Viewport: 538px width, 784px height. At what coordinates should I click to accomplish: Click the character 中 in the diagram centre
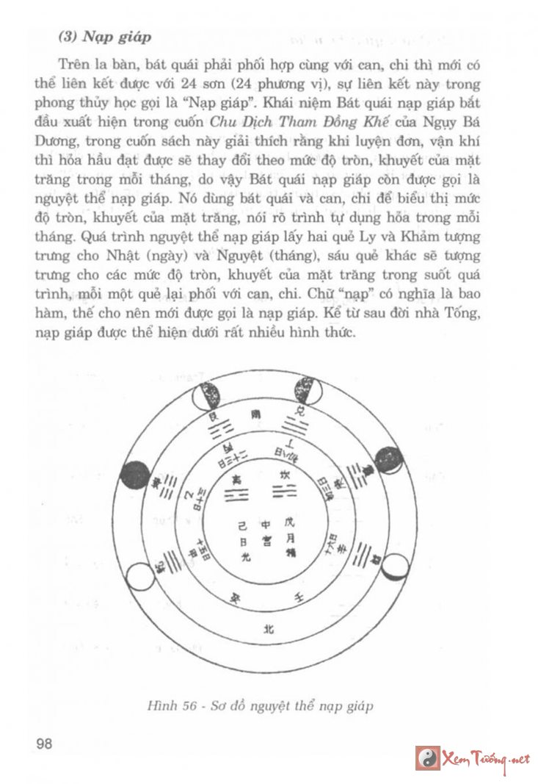[x=266, y=525]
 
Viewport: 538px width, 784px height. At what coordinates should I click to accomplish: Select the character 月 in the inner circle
[x=289, y=538]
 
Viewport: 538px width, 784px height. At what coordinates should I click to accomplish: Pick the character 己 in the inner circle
[x=244, y=525]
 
